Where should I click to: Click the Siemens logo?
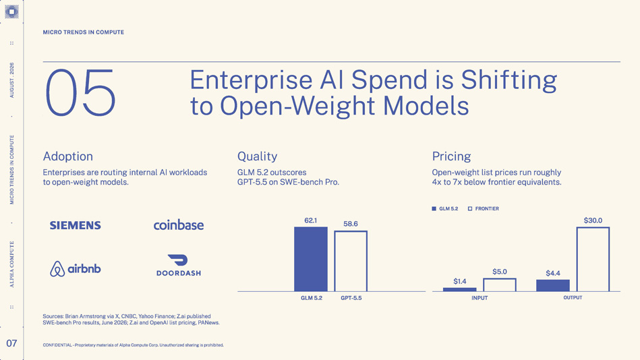pos(75,225)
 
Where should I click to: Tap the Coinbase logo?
pos(178,224)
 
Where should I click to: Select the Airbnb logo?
pos(75,268)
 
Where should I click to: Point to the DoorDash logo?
pos(178,266)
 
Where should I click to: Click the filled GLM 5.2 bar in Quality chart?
pos(311,259)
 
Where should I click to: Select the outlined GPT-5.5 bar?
pos(351,261)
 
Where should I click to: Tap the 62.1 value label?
pos(311,220)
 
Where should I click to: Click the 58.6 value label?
pos(351,224)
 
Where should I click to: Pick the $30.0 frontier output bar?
pos(593,259)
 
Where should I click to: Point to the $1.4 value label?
pos(459,281)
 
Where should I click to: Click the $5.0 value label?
pos(500,272)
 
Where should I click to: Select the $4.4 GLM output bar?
pos(553,285)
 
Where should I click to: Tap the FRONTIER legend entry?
pos(484,208)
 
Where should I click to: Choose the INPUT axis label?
pos(479,298)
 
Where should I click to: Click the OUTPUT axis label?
pos(573,297)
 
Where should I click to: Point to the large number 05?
pos(80,92)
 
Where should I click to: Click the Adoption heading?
pos(67,156)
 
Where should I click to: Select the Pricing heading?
pos(451,156)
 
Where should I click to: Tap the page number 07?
pos(11,343)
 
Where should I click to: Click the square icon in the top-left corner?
pos(11,11)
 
